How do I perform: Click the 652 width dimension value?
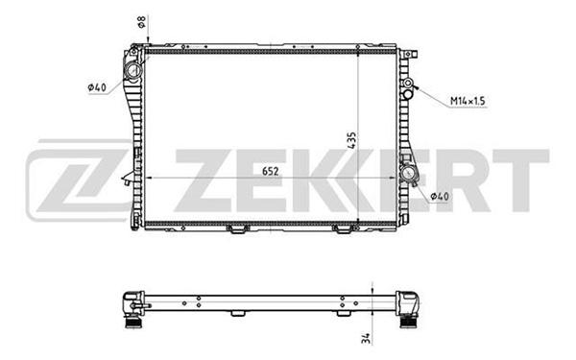pyautogui.click(x=271, y=172)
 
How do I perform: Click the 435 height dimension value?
pyautogui.click(x=351, y=140)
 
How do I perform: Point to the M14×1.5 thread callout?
pyautogui.click(x=468, y=100)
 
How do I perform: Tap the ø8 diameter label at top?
pyautogui.click(x=141, y=22)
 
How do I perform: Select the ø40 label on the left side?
pyautogui.click(x=97, y=87)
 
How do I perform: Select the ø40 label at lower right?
pyautogui.click(x=440, y=197)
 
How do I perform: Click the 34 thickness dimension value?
pyautogui.click(x=367, y=338)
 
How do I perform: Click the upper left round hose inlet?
pyautogui.click(x=133, y=70)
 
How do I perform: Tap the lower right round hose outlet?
pyautogui.click(x=409, y=174)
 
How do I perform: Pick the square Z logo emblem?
pyautogui.click(x=79, y=180)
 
